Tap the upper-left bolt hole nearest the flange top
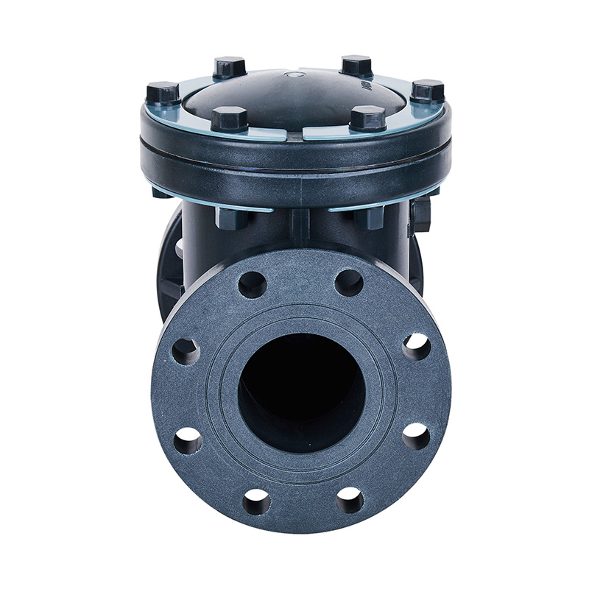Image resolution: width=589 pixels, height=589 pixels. coord(252,284)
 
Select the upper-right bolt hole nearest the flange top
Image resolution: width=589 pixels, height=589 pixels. coord(349,283)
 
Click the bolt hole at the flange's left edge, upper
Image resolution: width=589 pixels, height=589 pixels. coord(186,351)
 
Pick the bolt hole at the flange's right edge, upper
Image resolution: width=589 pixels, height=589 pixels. coord(416,346)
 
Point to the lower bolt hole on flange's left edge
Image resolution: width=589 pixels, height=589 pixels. coord(187,440)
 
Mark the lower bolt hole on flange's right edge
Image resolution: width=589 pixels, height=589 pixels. coord(416,436)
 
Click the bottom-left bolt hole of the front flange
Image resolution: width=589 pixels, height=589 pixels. coord(256,501)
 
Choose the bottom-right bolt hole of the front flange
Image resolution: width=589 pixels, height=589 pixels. coord(350,500)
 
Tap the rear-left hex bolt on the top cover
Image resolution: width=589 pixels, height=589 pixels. coord(230,67)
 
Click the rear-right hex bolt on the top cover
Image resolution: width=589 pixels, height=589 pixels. coord(357,65)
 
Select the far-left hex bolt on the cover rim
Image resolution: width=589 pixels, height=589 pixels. coord(163,93)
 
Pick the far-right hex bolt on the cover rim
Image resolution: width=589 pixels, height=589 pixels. coord(427,91)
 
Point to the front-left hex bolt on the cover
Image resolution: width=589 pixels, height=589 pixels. coord(229,119)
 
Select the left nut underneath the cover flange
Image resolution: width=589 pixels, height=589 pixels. coord(232,217)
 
